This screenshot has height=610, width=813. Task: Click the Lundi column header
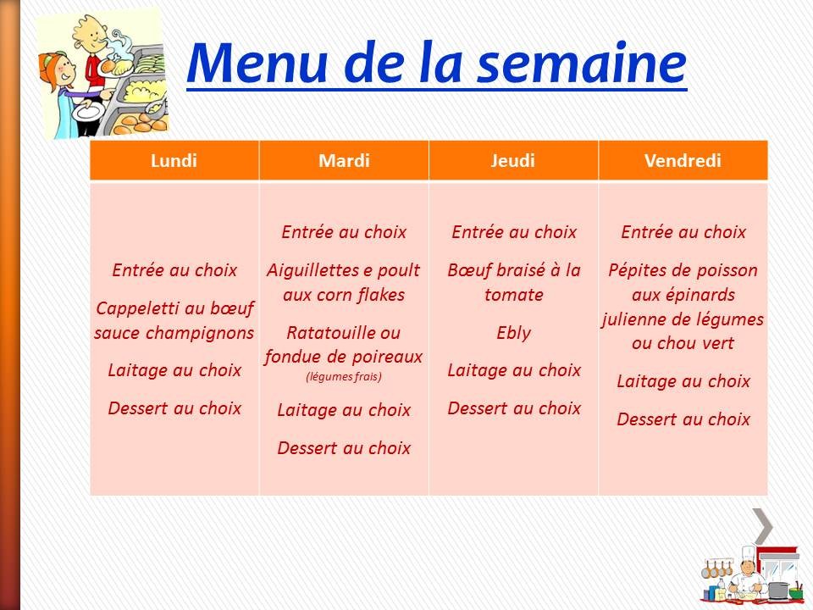174,161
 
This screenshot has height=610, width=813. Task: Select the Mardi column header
344,161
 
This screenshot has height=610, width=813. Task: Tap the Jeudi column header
513,161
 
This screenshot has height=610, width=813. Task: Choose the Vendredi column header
683,161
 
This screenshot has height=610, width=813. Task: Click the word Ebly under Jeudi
514,333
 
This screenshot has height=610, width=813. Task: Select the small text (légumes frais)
344,377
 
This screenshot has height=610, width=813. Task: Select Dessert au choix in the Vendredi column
683,419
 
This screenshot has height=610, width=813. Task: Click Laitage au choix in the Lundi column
174,370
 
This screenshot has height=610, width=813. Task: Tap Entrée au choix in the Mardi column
344,232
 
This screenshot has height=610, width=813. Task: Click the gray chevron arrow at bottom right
763,526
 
